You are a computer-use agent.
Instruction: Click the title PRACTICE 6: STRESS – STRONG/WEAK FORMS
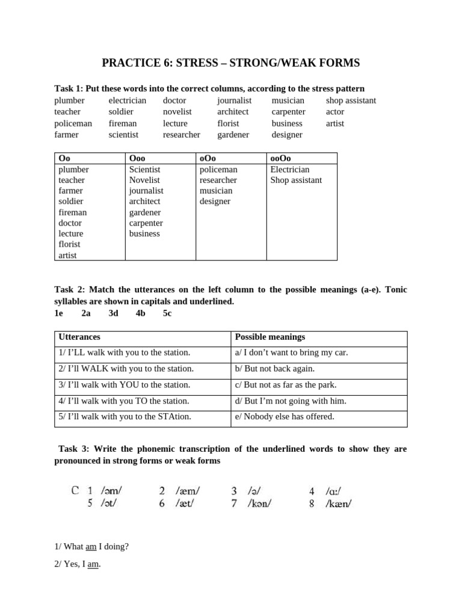230,63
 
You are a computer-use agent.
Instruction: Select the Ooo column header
137,158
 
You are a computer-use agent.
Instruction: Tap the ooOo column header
281,158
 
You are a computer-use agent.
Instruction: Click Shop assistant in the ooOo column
296,180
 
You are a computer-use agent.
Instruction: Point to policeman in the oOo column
218,170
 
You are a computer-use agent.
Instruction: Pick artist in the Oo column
69,255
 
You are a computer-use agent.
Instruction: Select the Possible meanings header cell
270,337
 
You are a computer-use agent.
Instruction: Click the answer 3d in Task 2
113,313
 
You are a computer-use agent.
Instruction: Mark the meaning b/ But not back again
275,369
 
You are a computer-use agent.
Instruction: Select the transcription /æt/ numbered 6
187,504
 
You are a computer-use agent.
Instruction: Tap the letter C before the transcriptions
75,490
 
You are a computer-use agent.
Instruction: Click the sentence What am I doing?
91,546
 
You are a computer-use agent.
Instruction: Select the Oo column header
64,158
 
